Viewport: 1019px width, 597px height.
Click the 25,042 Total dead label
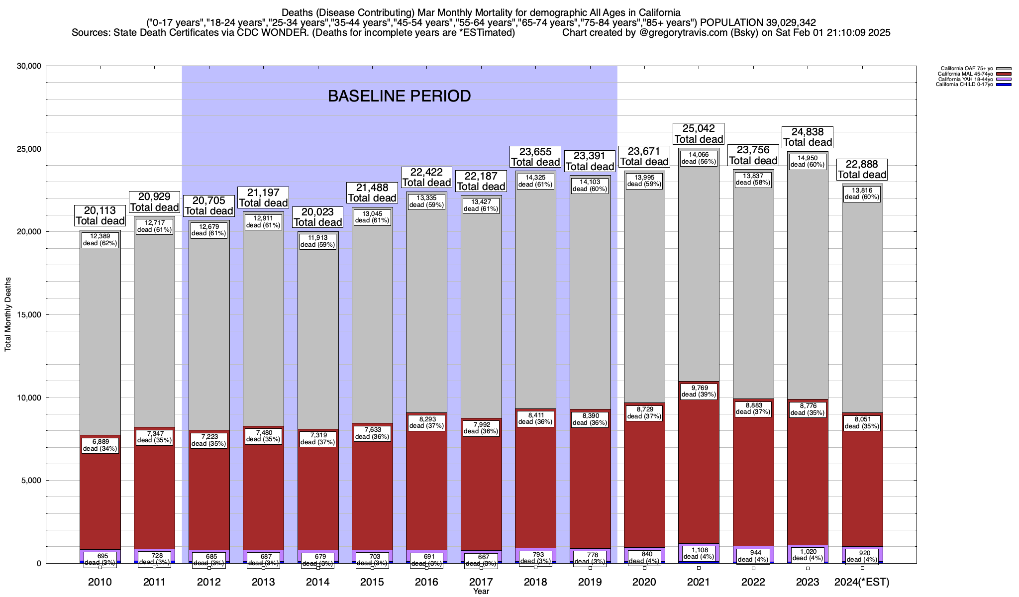(699, 134)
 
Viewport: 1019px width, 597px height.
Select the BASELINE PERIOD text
(399, 96)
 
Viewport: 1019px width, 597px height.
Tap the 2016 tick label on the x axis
(426, 582)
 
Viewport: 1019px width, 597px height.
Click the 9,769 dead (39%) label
(699, 391)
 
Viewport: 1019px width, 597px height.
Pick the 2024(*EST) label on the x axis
(862, 582)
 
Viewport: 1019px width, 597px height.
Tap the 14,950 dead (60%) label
(808, 161)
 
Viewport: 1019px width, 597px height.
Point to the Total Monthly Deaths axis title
(8, 314)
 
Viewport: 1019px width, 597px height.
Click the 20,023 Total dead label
(318, 217)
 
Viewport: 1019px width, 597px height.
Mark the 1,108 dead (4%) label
(699, 553)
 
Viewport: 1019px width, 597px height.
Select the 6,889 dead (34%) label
(100, 445)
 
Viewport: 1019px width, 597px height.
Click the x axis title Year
(481, 592)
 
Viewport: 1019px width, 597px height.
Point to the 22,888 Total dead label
(862, 170)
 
